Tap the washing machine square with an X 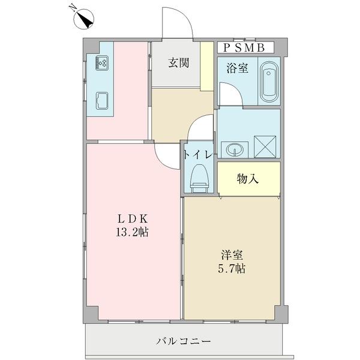pyautogui.click(x=265, y=145)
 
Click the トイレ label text pyautogui.click(x=197, y=154)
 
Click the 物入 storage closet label pyautogui.click(x=248, y=179)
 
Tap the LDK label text pyautogui.click(x=133, y=218)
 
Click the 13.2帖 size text pyautogui.click(x=133, y=232)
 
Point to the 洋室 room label pyautogui.click(x=232, y=254)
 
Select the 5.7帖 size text pyautogui.click(x=232, y=268)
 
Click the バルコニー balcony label pyautogui.click(x=184, y=341)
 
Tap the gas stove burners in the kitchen pyautogui.click(x=100, y=63)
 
